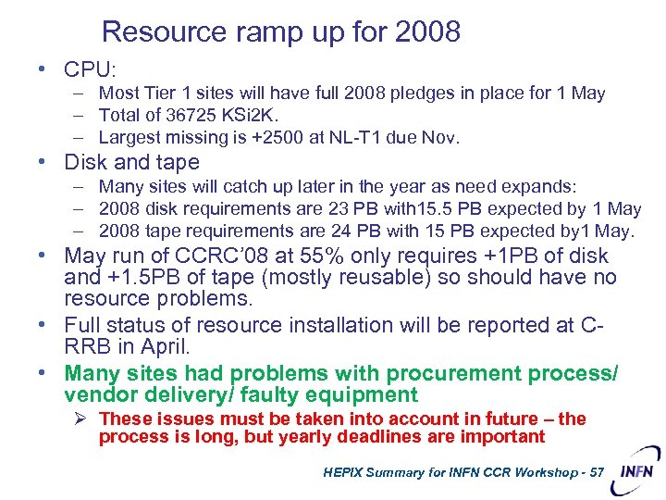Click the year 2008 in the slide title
pos(427,32)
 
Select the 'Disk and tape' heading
pos(131,162)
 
